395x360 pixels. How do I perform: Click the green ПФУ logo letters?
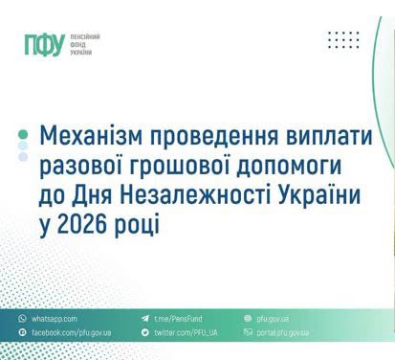(x=45, y=44)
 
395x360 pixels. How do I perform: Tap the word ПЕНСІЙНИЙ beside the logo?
(x=85, y=37)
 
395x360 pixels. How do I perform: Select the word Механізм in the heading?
(x=91, y=136)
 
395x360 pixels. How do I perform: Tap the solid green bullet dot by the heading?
(x=23, y=134)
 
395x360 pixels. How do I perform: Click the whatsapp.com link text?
(x=55, y=319)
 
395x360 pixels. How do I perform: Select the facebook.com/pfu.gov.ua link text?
(x=72, y=332)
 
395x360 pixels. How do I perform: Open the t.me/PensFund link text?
(x=178, y=319)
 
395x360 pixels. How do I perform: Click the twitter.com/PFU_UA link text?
(x=186, y=332)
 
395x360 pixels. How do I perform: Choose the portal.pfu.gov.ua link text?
(x=283, y=332)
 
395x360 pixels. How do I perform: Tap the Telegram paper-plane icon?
(x=145, y=318)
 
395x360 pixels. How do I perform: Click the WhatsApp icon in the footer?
(x=22, y=318)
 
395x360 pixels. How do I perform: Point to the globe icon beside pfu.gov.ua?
(x=248, y=318)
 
